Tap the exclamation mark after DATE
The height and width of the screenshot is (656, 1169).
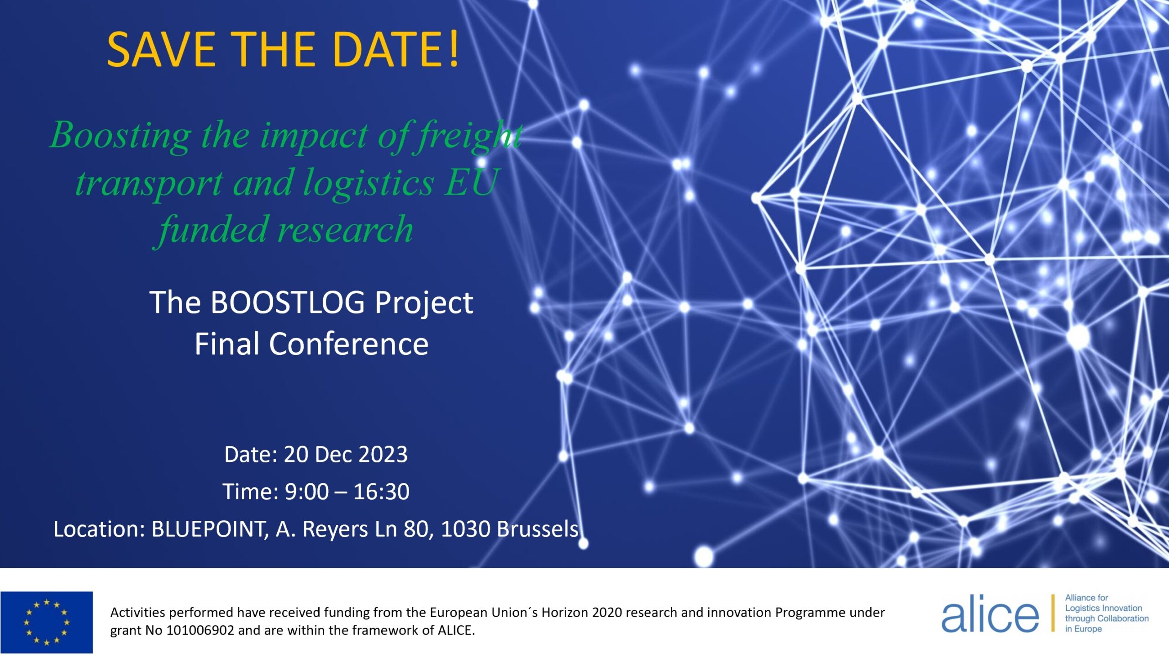click(x=453, y=49)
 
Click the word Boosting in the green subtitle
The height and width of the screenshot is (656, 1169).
click(x=121, y=136)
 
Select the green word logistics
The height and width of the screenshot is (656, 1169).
click(x=368, y=183)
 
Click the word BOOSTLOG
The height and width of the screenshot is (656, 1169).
click(x=287, y=302)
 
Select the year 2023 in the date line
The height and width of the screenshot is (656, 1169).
click(x=383, y=455)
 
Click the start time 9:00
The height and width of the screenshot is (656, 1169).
click(x=306, y=492)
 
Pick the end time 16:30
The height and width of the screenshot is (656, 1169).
click(x=381, y=492)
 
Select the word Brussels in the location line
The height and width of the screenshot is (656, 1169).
click(x=538, y=529)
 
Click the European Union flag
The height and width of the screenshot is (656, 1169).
click(x=47, y=622)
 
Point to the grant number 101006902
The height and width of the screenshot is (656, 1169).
click(x=200, y=630)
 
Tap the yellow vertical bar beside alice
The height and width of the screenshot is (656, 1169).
click(x=1053, y=613)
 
